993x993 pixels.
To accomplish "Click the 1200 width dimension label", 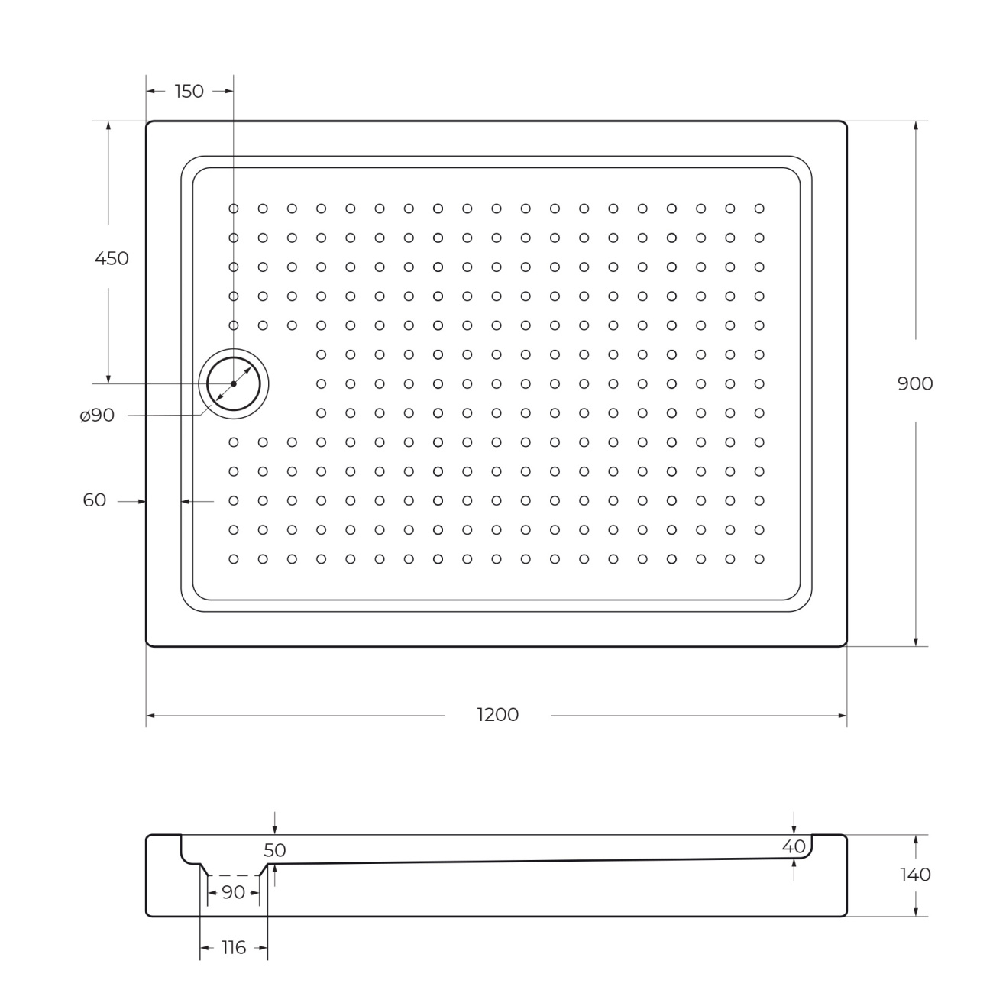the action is [x=497, y=715].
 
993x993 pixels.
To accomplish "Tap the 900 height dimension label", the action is [x=915, y=383].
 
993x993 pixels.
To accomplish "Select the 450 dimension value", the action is [x=112, y=258].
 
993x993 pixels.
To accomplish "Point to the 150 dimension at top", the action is [x=189, y=91].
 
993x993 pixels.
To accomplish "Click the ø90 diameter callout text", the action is [x=97, y=415].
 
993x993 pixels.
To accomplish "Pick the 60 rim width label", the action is [x=94, y=500].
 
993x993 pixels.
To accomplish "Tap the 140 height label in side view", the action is [x=915, y=875].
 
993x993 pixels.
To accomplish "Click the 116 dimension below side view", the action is [x=234, y=947].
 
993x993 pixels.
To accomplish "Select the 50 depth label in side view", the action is [x=275, y=850].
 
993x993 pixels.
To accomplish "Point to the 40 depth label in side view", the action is [x=794, y=846].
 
